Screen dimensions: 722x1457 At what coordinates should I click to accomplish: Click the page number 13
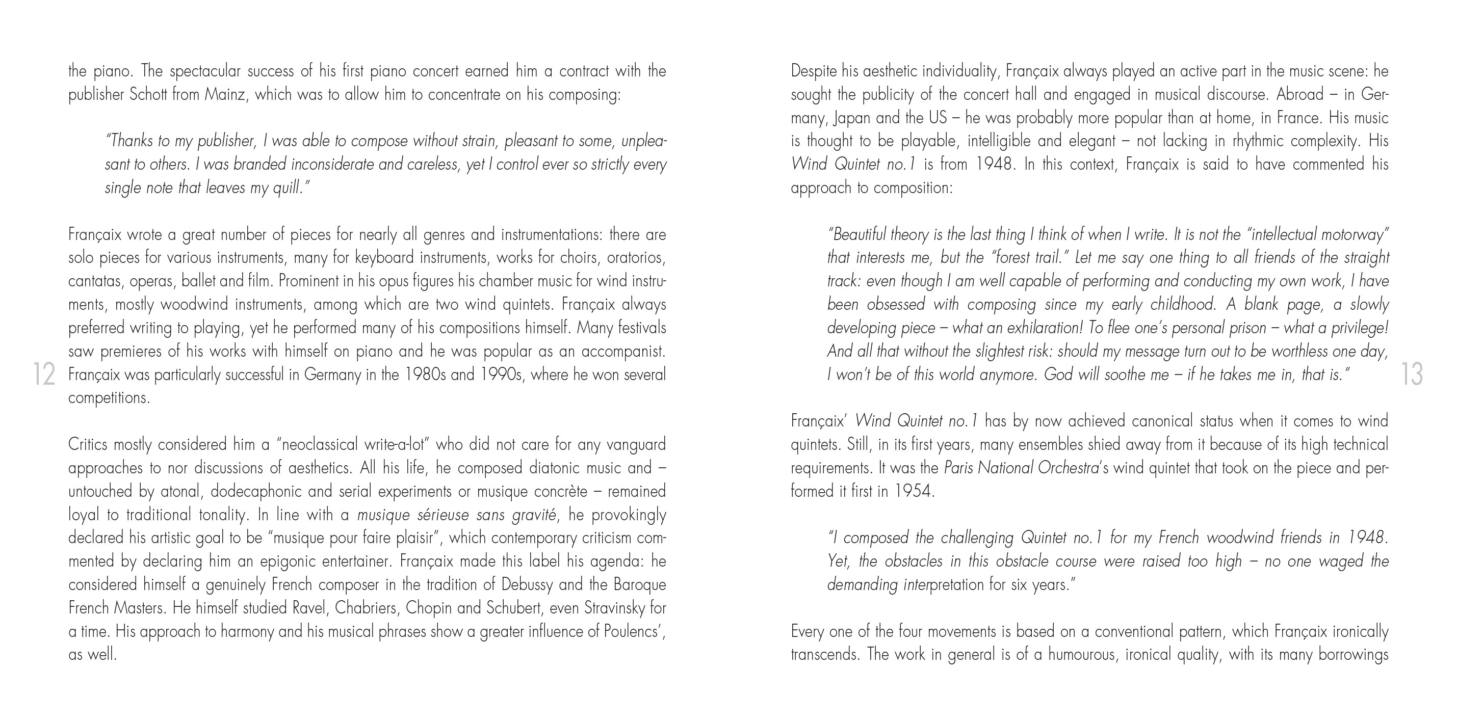point(1412,375)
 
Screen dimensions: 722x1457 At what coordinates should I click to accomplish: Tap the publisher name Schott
point(149,94)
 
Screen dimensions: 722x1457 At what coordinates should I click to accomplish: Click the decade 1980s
point(425,375)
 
